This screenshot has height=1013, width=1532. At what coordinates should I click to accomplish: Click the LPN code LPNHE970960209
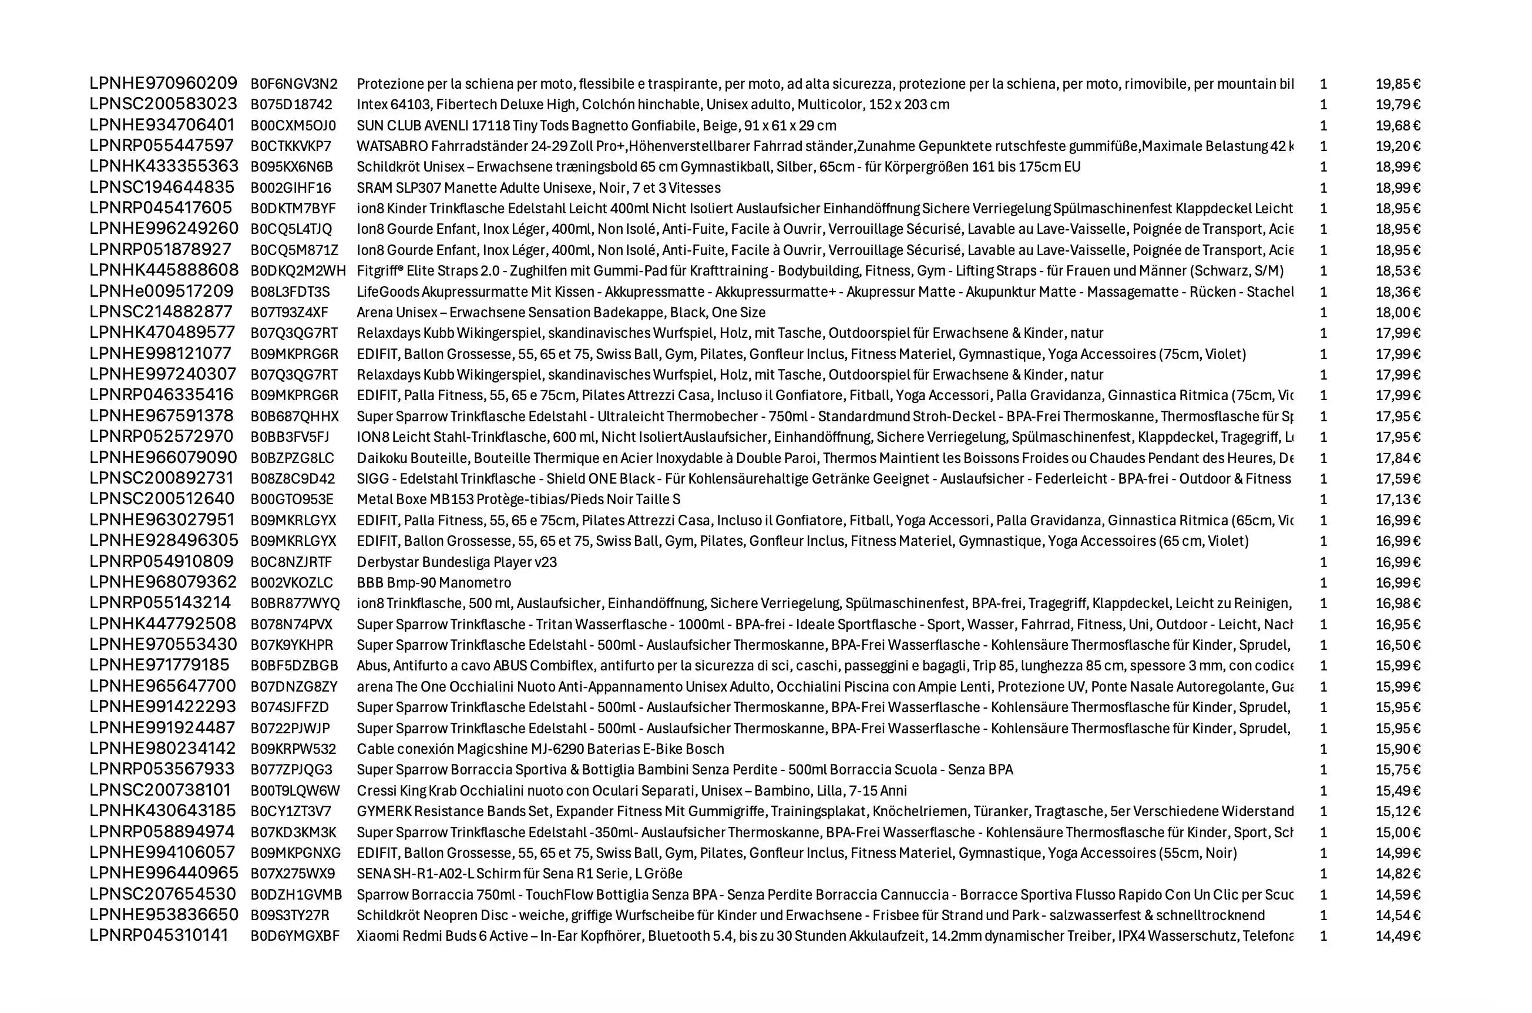point(163,83)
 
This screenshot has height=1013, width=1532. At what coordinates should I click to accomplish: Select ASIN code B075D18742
point(291,105)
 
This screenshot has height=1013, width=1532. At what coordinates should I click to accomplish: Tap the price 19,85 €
point(1397,84)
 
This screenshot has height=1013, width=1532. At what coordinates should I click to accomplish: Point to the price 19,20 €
point(1397,146)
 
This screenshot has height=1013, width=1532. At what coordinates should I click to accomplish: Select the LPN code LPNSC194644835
point(162,187)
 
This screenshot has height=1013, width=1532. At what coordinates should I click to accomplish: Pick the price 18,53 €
point(1397,271)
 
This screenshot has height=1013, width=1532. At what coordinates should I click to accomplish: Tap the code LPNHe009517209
point(162,291)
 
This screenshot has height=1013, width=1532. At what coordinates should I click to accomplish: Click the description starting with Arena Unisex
point(560,313)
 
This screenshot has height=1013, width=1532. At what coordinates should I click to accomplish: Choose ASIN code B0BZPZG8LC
point(292,458)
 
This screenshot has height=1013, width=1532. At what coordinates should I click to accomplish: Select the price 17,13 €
point(1397,499)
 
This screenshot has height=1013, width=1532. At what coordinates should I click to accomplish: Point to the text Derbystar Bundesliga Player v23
point(456,562)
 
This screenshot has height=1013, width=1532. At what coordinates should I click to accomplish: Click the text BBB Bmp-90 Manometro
point(434,583)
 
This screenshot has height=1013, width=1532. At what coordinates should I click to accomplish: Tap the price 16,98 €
point(1397,603)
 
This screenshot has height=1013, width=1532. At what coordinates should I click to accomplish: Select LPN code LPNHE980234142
point(163,749)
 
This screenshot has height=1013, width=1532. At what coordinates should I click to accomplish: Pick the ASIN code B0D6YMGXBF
point(294,936)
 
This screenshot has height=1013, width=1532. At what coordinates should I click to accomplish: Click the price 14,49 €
point(1397,936)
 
